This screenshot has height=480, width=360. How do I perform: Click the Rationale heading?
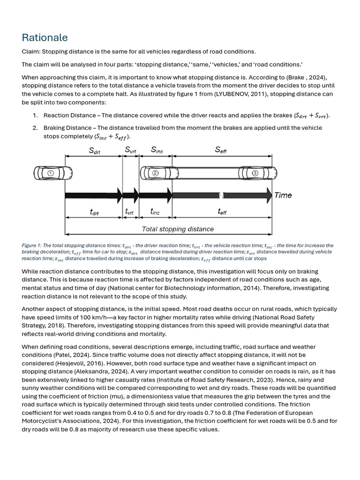(45, 37)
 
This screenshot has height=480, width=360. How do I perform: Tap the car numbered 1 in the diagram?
(53, 173)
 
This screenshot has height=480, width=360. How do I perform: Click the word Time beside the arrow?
(283, 195)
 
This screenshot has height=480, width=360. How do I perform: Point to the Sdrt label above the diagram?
(94, 150)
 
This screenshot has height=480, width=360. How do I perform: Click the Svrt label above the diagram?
(131, 150)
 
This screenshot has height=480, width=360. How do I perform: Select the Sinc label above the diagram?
(157, 150)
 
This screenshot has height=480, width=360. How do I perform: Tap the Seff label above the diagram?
(221, 150)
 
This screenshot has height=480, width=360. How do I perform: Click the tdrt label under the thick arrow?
(94, 212)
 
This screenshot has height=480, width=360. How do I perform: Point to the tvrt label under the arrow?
(130, 212)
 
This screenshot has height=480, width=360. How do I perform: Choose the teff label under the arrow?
(222, 212)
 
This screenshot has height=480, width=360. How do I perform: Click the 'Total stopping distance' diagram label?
(178, 229)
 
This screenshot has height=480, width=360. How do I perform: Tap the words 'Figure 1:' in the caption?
(32, 246)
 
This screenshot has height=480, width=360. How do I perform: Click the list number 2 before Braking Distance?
(35, 128)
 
